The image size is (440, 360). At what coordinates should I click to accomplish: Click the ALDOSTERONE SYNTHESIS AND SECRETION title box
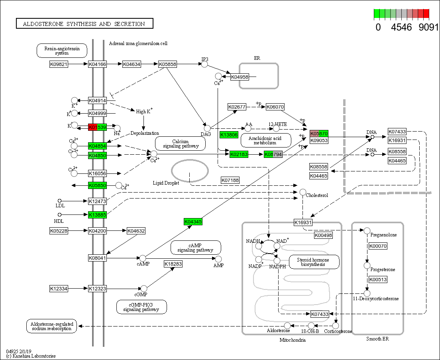[x=84, y=24]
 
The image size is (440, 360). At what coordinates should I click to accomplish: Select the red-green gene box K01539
[x=97, y=127]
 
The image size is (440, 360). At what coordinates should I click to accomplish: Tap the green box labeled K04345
[x=193, y=222]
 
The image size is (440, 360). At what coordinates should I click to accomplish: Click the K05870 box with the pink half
[x=319, y=134]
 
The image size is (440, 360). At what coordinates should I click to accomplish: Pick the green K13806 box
[x=229, y=135]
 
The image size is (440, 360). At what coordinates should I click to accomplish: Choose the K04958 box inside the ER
[x=240, y=77]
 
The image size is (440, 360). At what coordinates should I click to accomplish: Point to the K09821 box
[x=59, y=64]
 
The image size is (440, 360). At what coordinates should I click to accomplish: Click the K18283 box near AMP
[x=173, y=264]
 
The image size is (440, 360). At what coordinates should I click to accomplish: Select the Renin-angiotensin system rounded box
[x=62, y=51]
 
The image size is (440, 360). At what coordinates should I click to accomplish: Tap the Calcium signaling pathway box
[x=180, y=144]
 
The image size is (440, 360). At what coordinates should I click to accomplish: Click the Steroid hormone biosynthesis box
[x=314, y=262]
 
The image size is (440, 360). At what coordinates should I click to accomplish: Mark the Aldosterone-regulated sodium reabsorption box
[x=51, y=326]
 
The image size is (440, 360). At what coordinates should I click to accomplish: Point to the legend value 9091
[x=428, y=28]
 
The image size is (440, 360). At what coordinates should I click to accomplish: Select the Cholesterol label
[x=317, y=195]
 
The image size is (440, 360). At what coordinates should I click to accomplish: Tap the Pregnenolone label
[x=383, y=235]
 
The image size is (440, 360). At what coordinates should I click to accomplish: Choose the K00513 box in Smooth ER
[x=378, y=279]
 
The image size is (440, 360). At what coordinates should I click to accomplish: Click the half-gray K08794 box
[x=273, y=154]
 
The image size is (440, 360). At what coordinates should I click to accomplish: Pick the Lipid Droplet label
[x=166, y=183]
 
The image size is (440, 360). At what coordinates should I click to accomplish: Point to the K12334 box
[x=59, y=288]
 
